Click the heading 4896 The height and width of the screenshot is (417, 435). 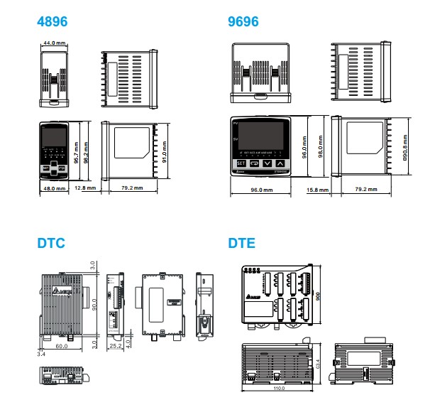pos(53,22)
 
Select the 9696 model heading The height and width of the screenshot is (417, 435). pos(243,22)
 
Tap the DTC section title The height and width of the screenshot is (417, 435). pos(51,243)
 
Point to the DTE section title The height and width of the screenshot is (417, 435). pos(242,243)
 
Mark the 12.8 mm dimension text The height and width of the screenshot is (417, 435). pos(84,188)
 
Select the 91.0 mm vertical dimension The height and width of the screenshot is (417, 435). pos(165,153)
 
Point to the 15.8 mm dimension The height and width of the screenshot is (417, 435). pos(317,190)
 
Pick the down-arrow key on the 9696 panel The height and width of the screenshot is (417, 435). pos(268,163)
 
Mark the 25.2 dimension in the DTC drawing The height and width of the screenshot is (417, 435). pos(116,347)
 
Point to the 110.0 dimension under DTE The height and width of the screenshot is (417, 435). pos(279,388)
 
